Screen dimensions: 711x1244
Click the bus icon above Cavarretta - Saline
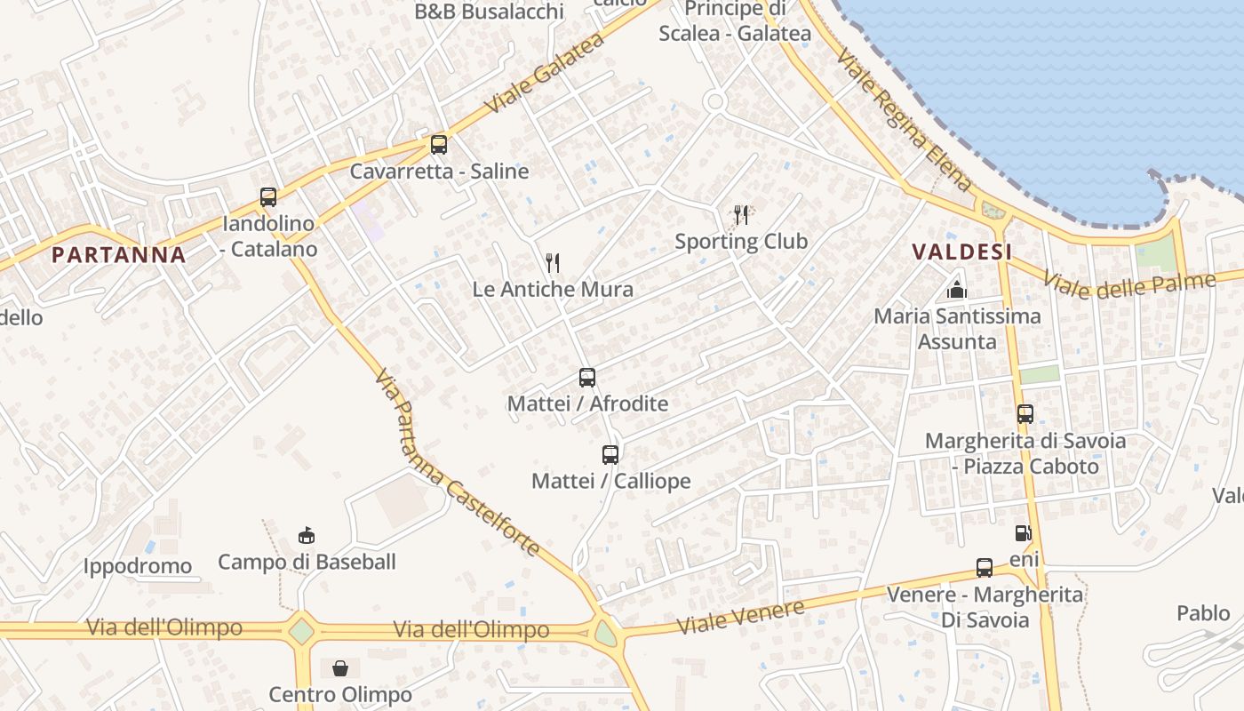[439, 145]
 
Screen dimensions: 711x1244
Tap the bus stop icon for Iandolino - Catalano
[268, 197]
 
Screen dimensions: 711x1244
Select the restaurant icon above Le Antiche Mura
[553, 262]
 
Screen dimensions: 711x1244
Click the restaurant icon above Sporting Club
[741, 214]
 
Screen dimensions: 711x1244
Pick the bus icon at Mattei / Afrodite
[587, 378]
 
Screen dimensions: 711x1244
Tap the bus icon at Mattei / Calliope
[610, 455]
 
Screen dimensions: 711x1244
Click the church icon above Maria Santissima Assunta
[957, 289]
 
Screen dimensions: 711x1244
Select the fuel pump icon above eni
[1024, 533]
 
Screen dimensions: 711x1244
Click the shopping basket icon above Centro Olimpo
[340, 668]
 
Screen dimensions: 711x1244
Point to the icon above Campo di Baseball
[307, 535]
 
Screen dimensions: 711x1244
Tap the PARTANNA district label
[119, 255]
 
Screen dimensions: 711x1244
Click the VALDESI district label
[963, 252]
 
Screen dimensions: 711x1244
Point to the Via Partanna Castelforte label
[458, 463]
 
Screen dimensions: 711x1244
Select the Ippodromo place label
[138, 566]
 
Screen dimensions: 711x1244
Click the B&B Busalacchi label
[490, 12]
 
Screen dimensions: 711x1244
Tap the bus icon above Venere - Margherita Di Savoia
[985, 568]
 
